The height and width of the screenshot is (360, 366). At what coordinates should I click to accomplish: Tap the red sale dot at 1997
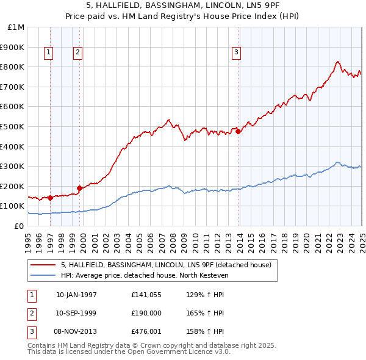coord(50,198)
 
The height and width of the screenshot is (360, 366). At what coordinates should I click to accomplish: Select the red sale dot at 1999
coord(79,188)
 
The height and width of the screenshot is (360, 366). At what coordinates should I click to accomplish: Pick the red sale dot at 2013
coord(239,131)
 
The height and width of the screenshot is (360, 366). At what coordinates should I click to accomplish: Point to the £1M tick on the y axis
coord(16,27)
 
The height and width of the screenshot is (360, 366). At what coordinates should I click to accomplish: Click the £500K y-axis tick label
coord(13,126)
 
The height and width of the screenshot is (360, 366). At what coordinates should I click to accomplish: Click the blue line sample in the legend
coord(43,275)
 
